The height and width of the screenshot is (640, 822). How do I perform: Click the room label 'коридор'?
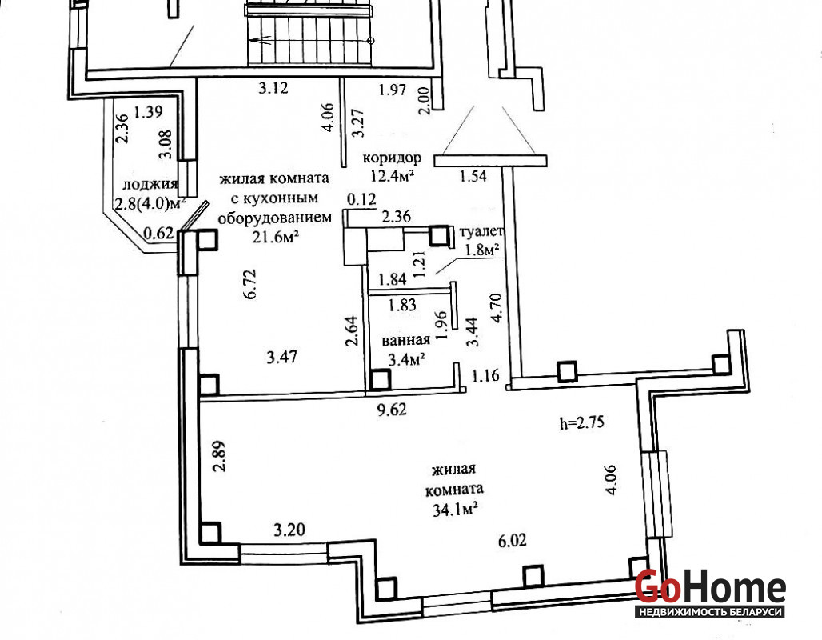[392, 158]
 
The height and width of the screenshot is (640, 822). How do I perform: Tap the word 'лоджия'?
[150, 184]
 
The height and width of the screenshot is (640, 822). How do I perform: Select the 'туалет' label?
[481, 231]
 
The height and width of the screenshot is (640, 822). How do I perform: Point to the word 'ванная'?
[405, 341]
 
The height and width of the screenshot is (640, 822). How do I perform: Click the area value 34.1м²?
[455, 509]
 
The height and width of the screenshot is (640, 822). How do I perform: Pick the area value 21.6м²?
[276, 237]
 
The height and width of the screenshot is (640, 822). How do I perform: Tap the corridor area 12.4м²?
[393, 174]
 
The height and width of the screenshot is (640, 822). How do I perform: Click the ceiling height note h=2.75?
[582, 423]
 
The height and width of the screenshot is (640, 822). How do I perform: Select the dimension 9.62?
[392, 409]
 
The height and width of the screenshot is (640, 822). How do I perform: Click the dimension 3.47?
[282, 358]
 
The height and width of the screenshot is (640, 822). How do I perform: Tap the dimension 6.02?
[513, 540]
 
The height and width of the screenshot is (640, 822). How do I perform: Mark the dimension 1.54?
[473, 176]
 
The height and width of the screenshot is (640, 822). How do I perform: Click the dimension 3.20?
[289, 530]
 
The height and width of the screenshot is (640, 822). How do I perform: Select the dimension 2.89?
[220, 456]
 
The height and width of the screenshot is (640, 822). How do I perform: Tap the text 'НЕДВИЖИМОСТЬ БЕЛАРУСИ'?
[710, 612]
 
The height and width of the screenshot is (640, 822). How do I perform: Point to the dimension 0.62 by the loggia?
[158, 232]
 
